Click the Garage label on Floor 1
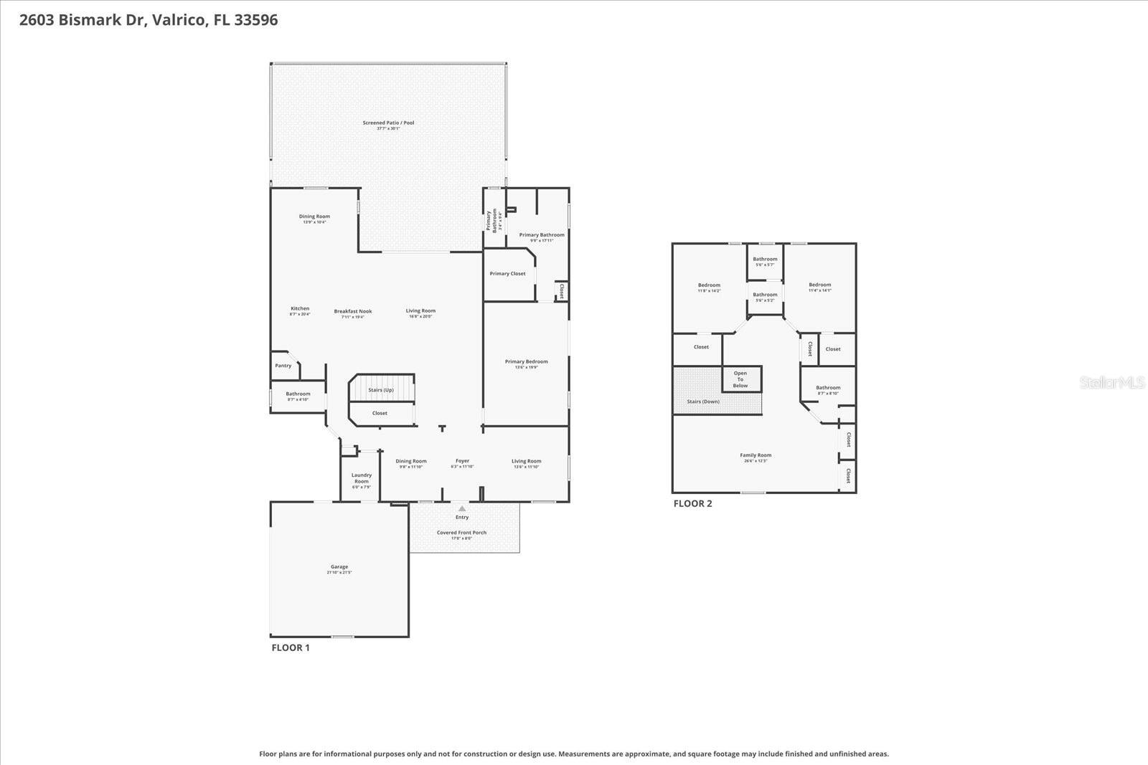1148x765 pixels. (x=339, y=567)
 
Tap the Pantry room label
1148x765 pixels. (x=283, y=366)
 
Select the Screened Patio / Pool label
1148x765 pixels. (x=388, y=123)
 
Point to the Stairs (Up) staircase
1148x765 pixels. (x=381, y=390)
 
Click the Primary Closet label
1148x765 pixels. (x=507, y=274)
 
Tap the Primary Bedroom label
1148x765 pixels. (x=526, y=362)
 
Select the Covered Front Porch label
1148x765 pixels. (x=461, y=533)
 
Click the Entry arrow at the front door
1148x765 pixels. (x=462, y=508)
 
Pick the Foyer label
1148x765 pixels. (x=462, y=462)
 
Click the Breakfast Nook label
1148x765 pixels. (x=353, y=312)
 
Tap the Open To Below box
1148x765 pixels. (x=740, y=379)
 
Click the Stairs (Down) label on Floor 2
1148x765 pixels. (x=703, y=401)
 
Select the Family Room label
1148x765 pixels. (x=756, y=455)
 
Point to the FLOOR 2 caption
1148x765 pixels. (x=692, y=503)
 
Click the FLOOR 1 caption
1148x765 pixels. (x=291, y=647)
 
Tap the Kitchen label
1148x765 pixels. (x=300, y=309)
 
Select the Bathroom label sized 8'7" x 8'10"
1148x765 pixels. (x=828, y=389)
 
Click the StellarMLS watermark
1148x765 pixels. (x=1112, y=383)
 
